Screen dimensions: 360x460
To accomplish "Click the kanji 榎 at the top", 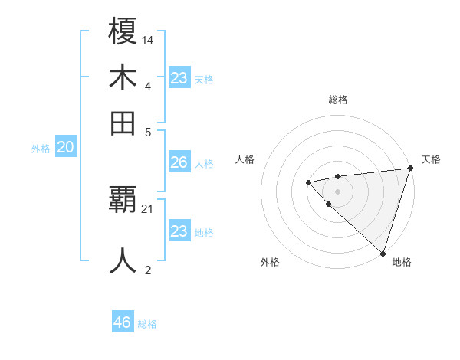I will [x=123, y=31].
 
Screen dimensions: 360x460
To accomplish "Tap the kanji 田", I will [x=123, y=123].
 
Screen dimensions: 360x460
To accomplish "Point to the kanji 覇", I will [x=123, y=201].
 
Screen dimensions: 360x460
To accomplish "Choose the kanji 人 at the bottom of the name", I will [x=123, y=260].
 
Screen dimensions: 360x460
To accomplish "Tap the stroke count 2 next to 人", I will [x=148, y=269].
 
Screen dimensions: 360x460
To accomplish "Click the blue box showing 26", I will [x=179, y=162].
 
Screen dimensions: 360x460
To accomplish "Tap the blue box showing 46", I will [x=123, y=322].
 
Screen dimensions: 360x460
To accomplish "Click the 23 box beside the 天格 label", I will [x=179, y=78].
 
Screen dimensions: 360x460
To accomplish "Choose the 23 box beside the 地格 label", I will [x=179, y=231].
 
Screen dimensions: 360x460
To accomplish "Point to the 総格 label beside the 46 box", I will [x=147, y=324].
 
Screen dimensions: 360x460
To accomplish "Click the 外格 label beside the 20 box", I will [x=41, y=149].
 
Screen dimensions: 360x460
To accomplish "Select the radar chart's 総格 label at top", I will [x=338, y=100].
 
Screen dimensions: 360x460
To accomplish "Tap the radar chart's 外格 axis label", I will [x=270, y=263].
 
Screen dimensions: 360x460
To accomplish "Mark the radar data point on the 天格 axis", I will [x=410, y=169].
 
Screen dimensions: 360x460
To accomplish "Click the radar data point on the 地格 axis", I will [x=383, y=253].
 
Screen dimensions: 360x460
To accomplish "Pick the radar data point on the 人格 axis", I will [x=308, y=182].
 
